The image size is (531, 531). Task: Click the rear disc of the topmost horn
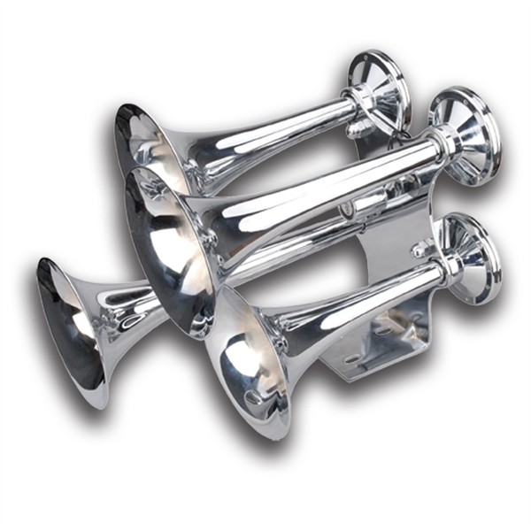(x=379, y=88)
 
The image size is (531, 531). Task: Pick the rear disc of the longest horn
(x=466, y=133)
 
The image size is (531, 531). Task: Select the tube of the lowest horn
(x=363, y=296)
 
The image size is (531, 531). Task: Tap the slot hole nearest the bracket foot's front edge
(x=353, y=358)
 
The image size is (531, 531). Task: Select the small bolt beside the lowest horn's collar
(x=419, y=251)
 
